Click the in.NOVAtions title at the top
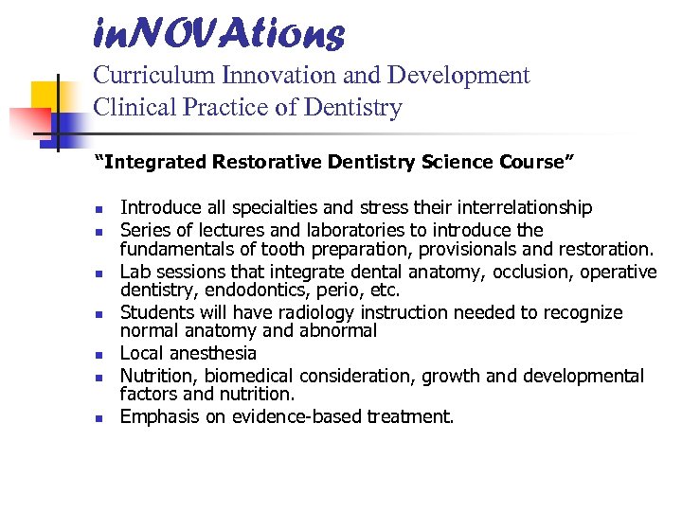(x=219, y=34)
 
